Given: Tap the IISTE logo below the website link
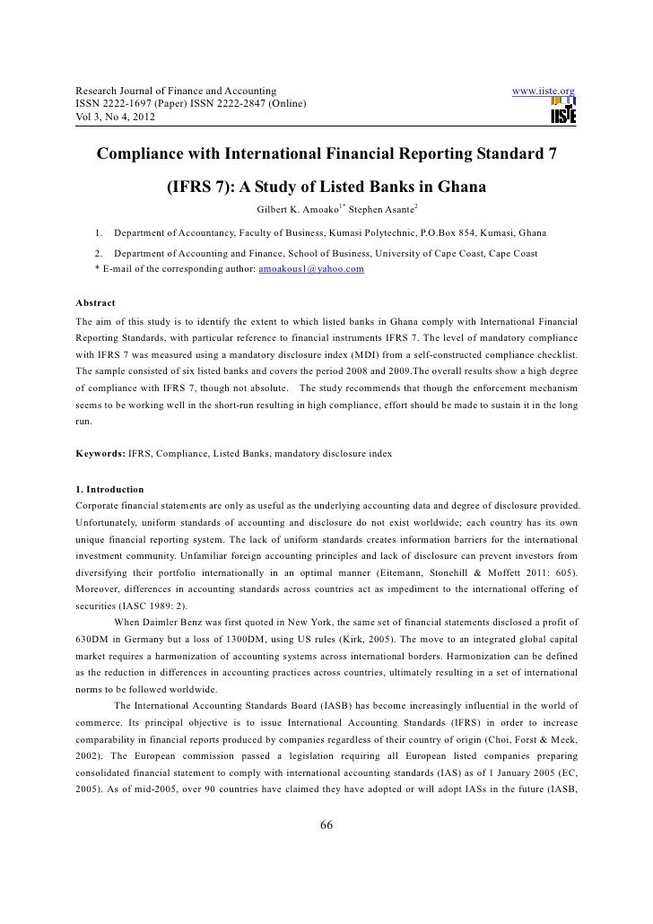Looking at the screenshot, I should pyautogui.click(x=564, y=111).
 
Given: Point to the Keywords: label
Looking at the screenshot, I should pyautogui.click(x=101, y=454).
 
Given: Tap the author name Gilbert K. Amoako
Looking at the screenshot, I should pyautogui.click(x=296, y=212).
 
